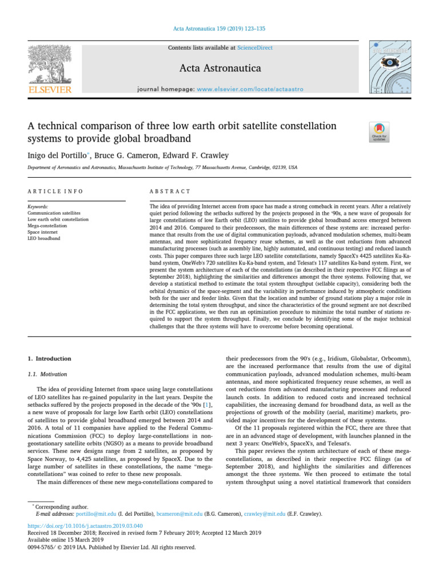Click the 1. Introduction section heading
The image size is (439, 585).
[x=50, y=359]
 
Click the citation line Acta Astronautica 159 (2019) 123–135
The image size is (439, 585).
[x=219, y=28]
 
